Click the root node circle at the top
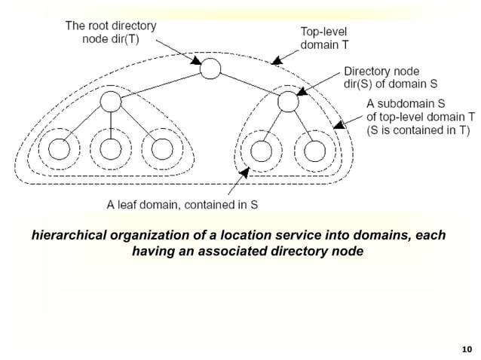click(210, 69)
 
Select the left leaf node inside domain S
click(261, 150)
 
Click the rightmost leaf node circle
click(312, 150)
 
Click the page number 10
click(465, 348)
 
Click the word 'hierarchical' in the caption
click(67, 236)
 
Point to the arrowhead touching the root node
click(198, 63)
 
